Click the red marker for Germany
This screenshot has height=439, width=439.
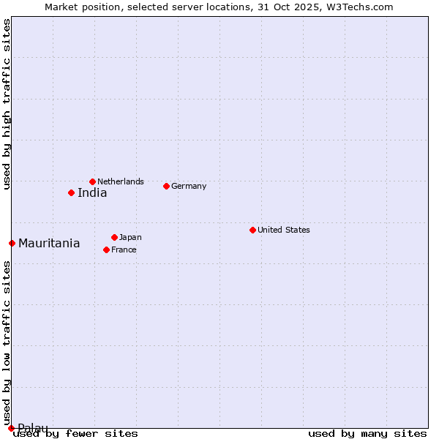tap(166, 186)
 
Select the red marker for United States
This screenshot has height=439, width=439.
tap(252, 230)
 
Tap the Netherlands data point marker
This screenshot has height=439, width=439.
tap(92, 181)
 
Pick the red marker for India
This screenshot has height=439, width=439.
tap(71, 193)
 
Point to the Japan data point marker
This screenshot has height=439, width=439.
tap(114, 237)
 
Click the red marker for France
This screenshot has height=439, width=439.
tap(106, 249)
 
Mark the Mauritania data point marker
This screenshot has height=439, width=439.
tap(12, 243)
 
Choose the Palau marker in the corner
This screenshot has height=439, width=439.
tap(11, 428)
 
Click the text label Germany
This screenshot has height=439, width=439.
tap(189, 186)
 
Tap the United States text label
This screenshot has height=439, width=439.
tap(283, 230)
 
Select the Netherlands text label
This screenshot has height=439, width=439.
tap(121, 181)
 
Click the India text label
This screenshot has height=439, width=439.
tap(92, 193)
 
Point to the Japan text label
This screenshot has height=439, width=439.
tap(130, 237)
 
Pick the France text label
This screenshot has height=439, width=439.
tap(124, 249)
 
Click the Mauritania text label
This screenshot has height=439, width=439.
tap(49, 244)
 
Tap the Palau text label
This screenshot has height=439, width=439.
tap(33, 428)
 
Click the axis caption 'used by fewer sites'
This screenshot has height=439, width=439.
tap(75, 433)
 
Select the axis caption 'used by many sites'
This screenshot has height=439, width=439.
tap(367, 433)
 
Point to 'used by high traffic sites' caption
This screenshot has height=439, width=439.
tap(7, 104)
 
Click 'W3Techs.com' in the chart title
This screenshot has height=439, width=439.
tap(361, 7)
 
